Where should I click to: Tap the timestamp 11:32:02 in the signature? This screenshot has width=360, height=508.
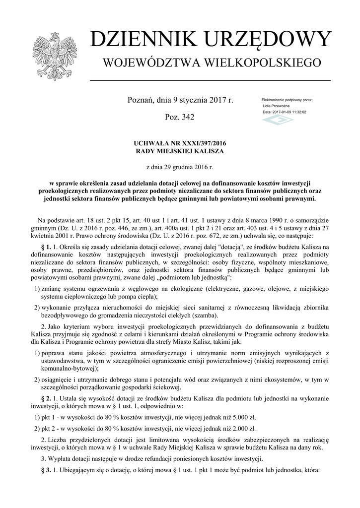(x=297, y=112)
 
